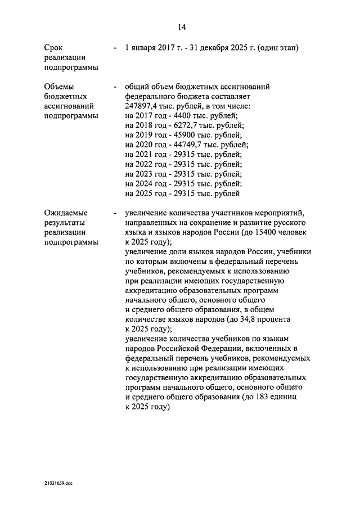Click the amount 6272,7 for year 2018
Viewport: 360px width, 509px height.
186,125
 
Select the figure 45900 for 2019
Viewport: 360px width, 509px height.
184,134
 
